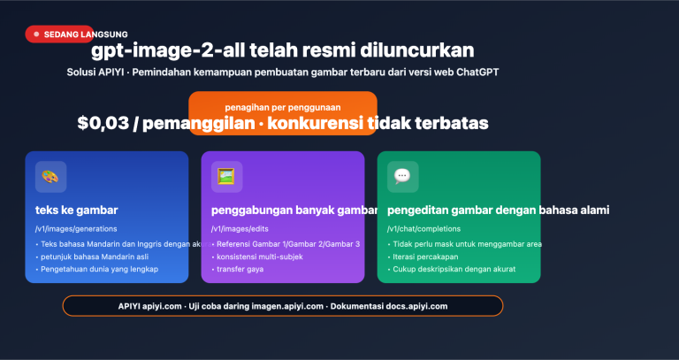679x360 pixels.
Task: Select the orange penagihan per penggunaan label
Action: click(x=283, y=106)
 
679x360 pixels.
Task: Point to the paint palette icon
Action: click(x=50, y=176)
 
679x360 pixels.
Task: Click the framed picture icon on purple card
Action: click(x=226, y=176)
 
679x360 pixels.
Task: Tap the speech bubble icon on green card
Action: click(x=402, y=176)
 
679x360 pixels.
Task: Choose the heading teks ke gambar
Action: click(x=77, y=210)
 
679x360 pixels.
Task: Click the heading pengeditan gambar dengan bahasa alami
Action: click(x=498, y=210)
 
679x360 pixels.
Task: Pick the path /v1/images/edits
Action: click(x=241, y=229)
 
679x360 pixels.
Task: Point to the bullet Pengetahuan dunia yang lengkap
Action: click(x=98, y=268)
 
